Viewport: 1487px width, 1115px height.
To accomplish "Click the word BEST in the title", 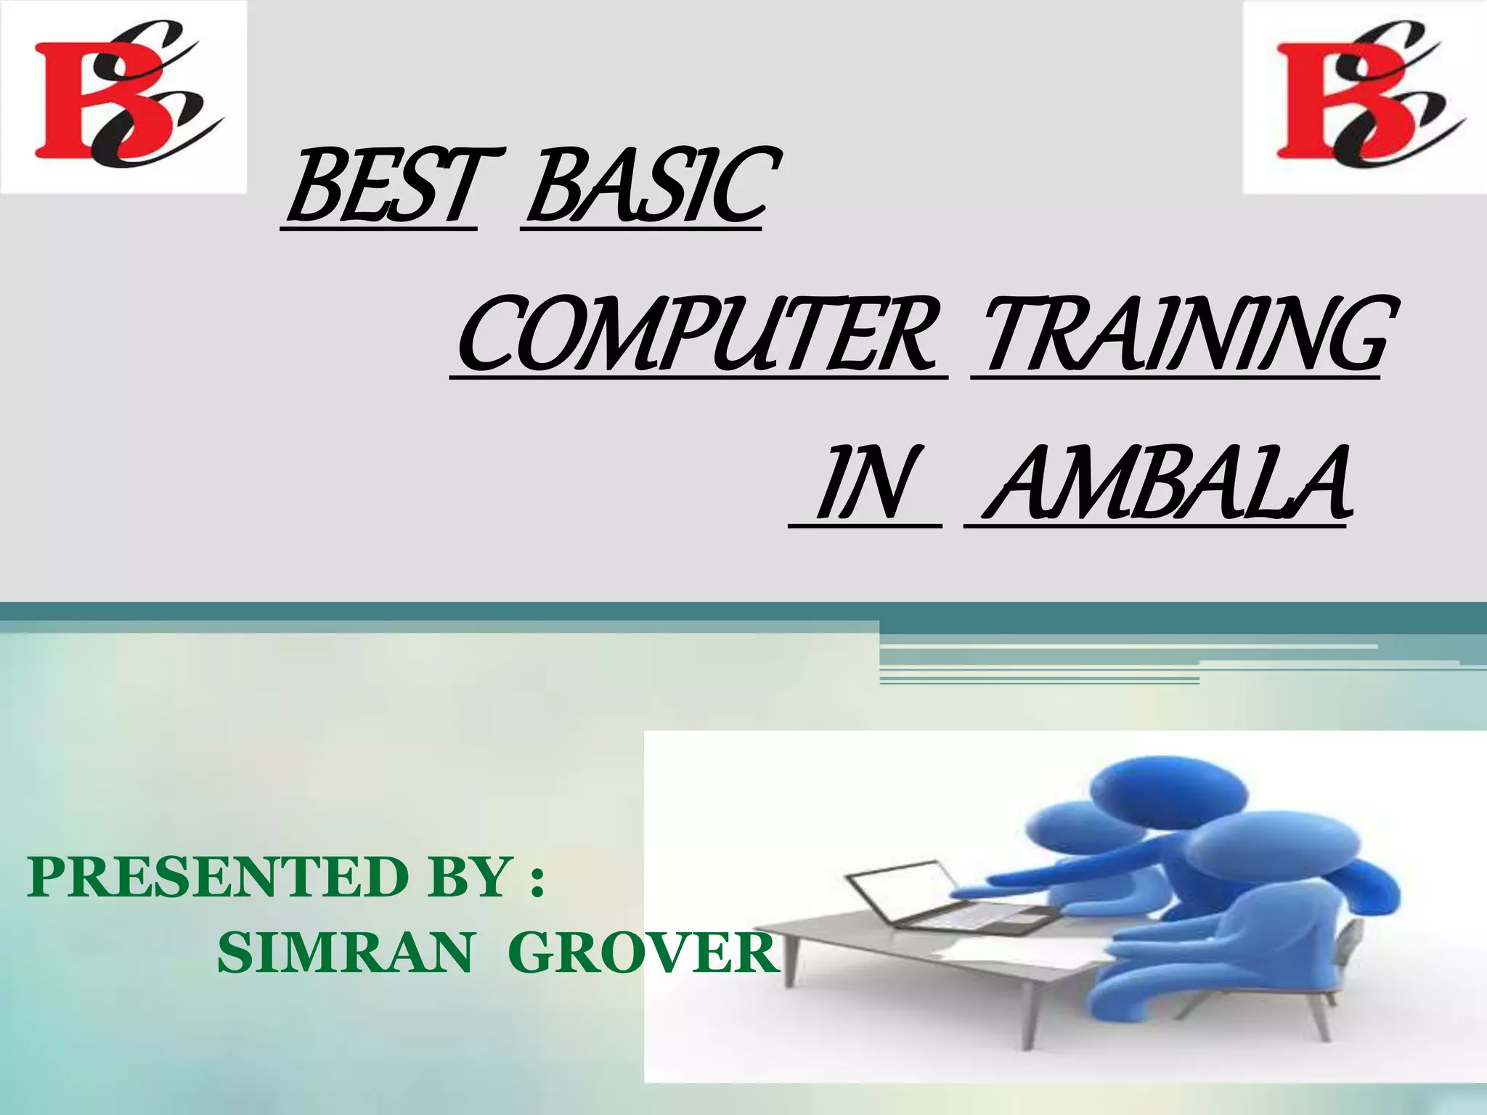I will (x=380, y=186).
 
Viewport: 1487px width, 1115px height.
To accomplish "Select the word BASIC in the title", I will (x=643, y=186).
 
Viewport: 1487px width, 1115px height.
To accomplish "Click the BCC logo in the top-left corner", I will (x=123, y=97).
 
